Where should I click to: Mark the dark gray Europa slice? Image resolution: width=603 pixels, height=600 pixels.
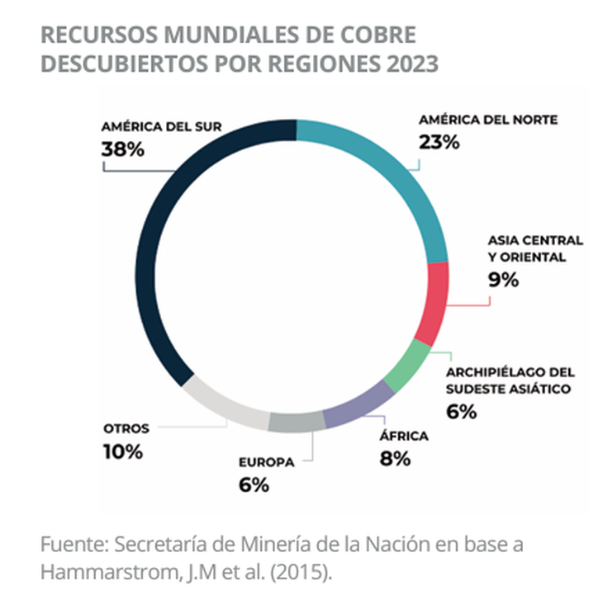tap(296, 423)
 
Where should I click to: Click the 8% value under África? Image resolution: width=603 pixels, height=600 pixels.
tap(395, 459)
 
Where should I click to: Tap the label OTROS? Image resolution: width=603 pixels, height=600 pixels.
tap(126, 428)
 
